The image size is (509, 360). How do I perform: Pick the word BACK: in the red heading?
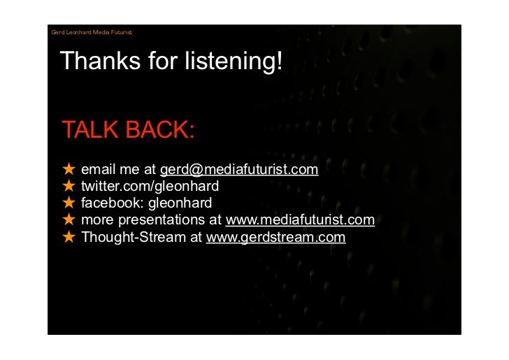(x=160, y=130)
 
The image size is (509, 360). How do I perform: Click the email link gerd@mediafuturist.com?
(x=239, y=170)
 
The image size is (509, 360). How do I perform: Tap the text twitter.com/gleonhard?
(x=150, y=187)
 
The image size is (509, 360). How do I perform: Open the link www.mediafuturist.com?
(x=300, y=220)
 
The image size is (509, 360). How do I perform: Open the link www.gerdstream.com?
(x=275, y=237)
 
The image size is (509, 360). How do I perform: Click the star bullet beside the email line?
(x=69, y=170)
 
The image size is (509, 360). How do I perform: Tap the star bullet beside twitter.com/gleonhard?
(x=69, y=187)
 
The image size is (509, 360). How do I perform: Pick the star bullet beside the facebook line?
(x=69, y=203)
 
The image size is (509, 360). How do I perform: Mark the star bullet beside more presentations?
(x=69, y=220)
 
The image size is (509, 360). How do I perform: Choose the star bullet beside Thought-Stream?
(x=69, y=237)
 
